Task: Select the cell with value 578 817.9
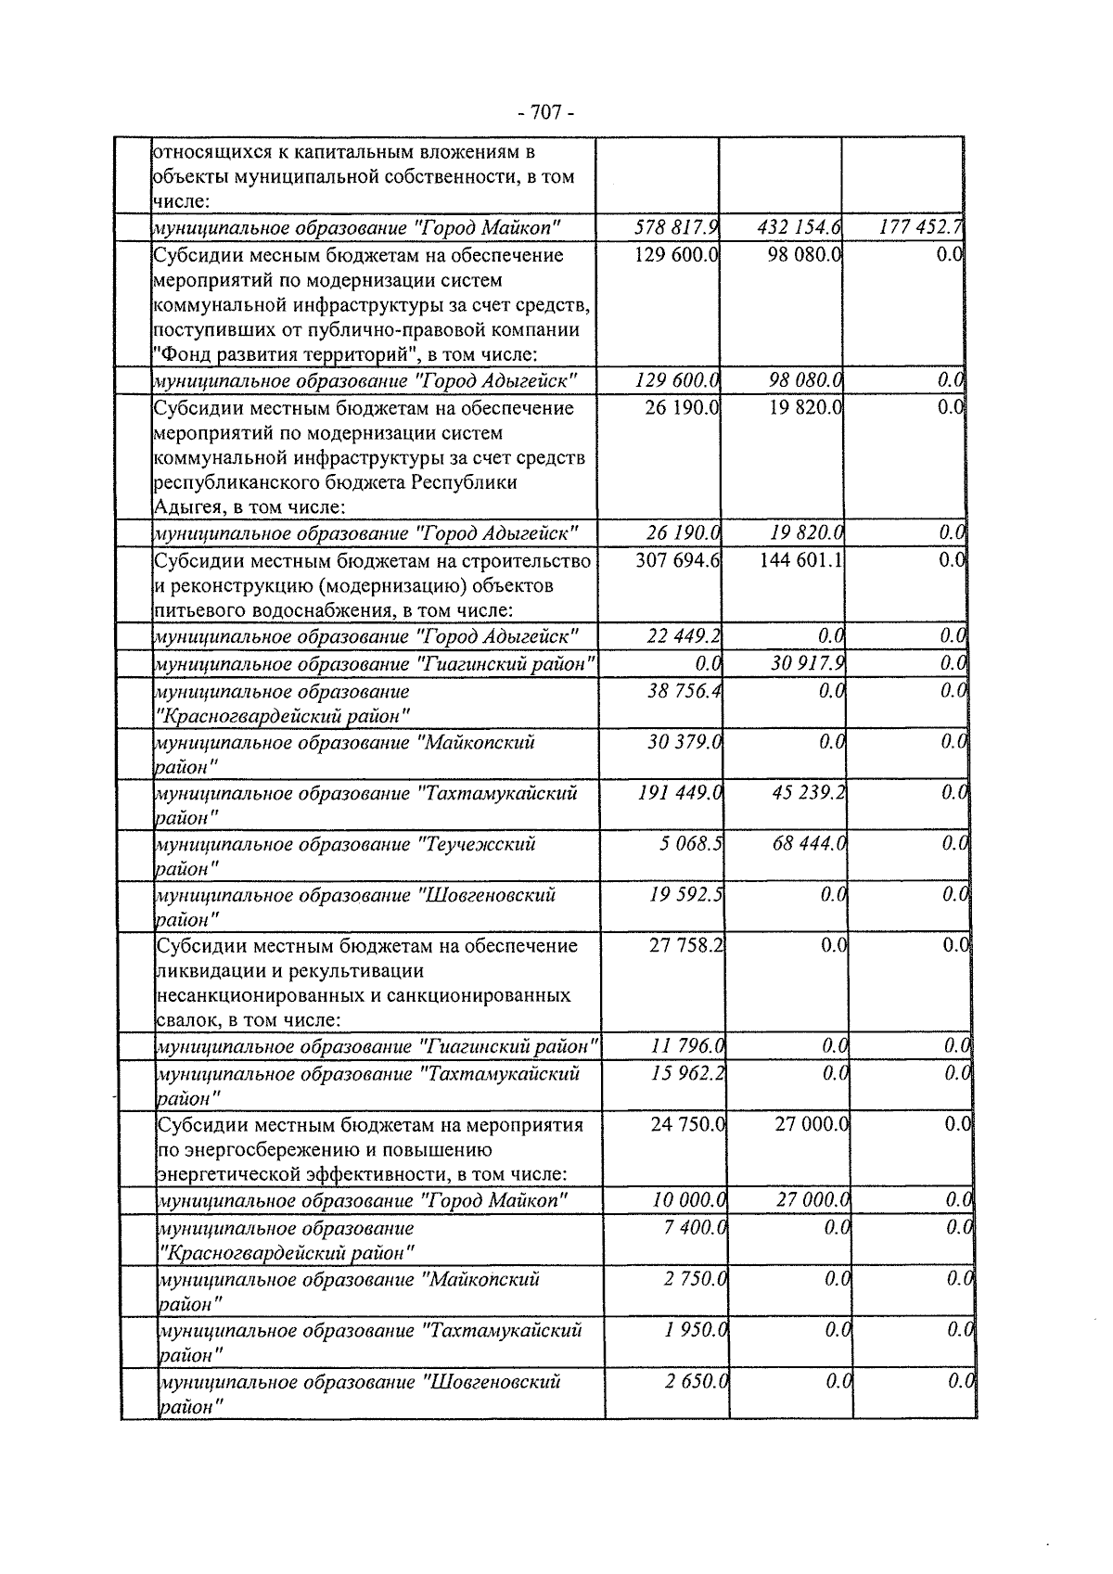676,227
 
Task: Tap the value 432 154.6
800,227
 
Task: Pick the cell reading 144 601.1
800,561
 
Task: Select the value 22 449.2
684,636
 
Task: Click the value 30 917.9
807,664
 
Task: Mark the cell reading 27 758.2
685,945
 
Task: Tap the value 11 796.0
687,1046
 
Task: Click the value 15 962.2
687,1074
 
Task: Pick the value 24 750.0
687,1124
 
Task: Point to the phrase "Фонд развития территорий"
286,354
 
